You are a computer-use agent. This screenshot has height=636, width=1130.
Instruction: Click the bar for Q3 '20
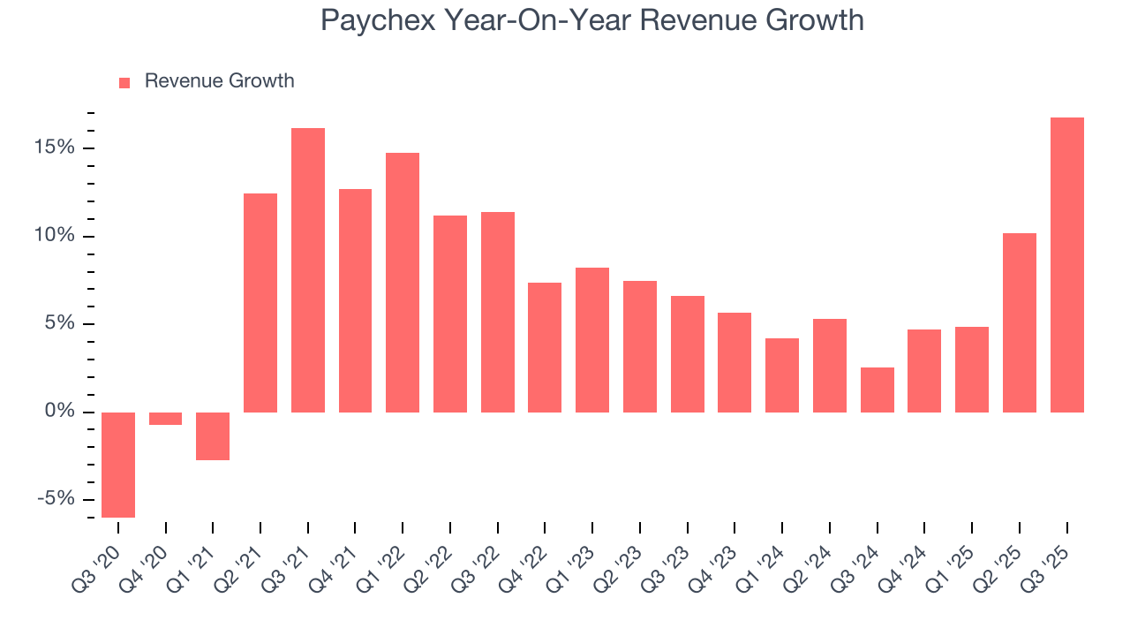point(118,465)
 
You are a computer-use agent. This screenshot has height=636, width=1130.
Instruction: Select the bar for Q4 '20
point(165,419)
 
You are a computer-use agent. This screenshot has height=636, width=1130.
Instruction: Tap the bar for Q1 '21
point(213,436)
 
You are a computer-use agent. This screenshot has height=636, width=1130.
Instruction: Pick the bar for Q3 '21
point(308,270)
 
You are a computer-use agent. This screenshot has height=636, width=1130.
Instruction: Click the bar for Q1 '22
point(403,283)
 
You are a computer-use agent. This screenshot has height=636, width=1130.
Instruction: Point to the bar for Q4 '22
point(545,347)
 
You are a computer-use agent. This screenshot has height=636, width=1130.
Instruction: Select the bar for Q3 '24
point(878,390)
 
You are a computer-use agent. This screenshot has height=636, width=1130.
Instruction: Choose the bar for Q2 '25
point(1020,322)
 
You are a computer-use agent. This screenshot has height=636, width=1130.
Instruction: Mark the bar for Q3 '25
point(1067,265)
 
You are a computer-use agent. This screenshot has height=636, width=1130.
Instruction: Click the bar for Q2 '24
point(830,366)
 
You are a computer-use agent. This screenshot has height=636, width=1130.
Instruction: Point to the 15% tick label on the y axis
point(56,148)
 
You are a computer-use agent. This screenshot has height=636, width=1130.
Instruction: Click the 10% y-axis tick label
point(56,236)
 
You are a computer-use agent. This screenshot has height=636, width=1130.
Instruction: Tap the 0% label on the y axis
point(60,412)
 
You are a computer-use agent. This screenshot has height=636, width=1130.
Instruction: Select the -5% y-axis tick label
point(56,499)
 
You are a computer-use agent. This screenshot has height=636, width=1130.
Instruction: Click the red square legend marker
point(124,82)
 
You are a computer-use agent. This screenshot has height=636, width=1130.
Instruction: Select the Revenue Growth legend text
point(219,81)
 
